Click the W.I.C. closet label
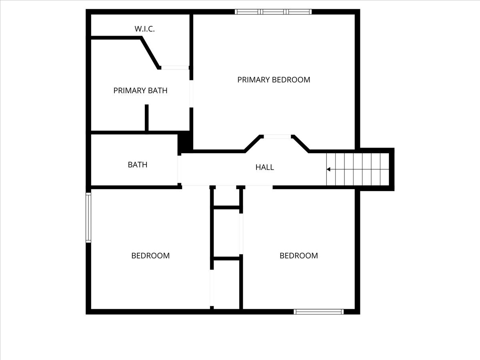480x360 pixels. (x=144, y=29)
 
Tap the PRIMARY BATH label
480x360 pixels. (x=140, y=90)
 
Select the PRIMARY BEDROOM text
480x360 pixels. (x=274, y=80)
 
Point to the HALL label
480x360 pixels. (x=265, y=167)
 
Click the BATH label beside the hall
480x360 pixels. (x=138, y=164)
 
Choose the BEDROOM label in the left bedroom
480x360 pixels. (x=150, y=256)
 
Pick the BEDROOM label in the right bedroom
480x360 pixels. (x=299, y=256)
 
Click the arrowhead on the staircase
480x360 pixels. (x=328, y=169)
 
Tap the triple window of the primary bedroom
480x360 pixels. (x=273, y=12)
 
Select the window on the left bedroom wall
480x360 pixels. (x=88, y=218)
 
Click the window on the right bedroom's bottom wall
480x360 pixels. (x=319, y=312)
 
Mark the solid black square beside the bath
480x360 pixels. (x=185, y=142)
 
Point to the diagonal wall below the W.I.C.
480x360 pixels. (x=150, y=53)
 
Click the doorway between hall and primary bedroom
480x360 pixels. (x=277, y=137)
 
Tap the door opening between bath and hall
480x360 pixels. (x=179, y=169)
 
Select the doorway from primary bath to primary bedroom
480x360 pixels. (x=191, y=94)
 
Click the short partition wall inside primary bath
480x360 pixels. (x=147, y=118)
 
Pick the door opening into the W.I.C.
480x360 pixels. (x=175, y=68)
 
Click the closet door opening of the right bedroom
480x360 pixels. (x=241, y=234)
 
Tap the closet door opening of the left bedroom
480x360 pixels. (x=212, y=288)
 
